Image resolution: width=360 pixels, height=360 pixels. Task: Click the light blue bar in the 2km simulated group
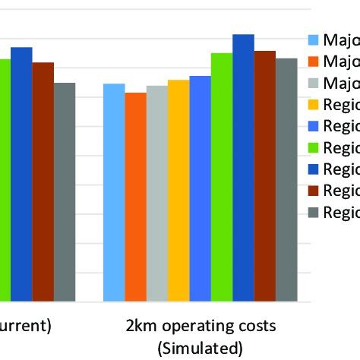[114, 193]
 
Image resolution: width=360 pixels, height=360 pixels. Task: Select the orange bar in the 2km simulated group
[135, 197]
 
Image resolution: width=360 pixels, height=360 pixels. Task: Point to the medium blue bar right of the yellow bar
[200, 189]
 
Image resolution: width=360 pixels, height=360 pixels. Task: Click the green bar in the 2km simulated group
[222, 178]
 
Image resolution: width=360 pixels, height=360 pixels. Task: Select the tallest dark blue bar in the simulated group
[243, 168]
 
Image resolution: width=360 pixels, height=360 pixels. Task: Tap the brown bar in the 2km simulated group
[265, 176]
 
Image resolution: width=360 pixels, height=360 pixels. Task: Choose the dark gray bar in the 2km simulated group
[286, 180]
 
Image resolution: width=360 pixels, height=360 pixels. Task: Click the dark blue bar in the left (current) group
[21, 175]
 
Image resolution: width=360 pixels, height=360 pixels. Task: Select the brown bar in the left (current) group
[43, 182]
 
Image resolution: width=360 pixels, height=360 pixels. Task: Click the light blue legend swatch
[313, 40]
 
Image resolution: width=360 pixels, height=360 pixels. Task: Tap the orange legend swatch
[313, 62]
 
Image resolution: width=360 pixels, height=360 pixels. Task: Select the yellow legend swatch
[313, 104]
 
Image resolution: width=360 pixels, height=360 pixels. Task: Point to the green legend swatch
[313, 147]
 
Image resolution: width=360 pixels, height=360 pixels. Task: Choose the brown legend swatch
[313, 189]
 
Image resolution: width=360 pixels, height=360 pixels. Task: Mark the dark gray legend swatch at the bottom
[313, 211]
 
